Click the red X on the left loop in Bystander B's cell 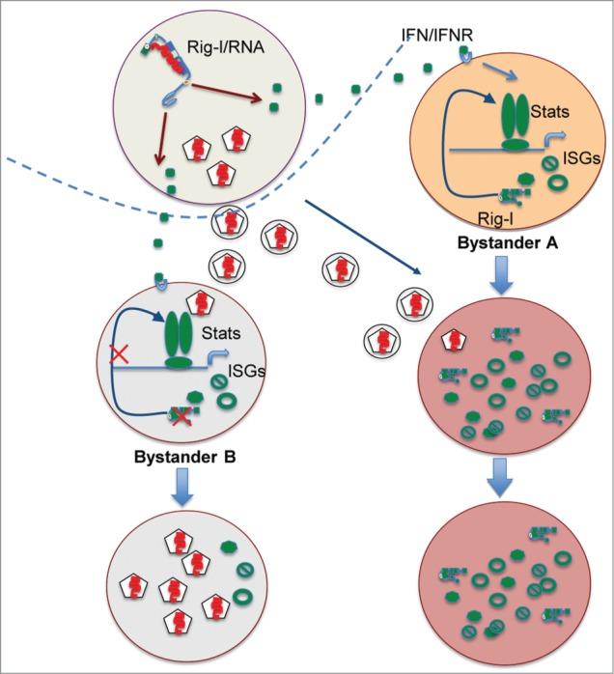pos(121,356)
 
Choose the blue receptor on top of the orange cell pos(465,59)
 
